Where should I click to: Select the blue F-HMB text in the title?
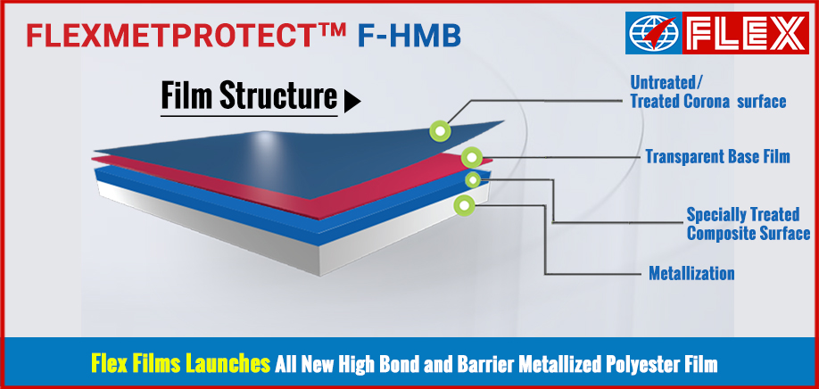point(409,36)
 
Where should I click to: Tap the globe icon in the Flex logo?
point(653,32)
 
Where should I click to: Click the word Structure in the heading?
point(278,95)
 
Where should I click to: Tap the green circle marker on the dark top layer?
point(441,131)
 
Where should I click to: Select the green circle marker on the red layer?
point(472,157)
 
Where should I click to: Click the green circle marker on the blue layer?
point(473,180)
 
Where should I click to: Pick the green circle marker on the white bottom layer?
point(464,205)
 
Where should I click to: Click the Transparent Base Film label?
point(717,156)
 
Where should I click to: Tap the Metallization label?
point(691,272)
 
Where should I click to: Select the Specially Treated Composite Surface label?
point(748,223)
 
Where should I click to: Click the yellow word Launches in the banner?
point(228,364)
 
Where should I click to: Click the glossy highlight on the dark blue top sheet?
point(265,141)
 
